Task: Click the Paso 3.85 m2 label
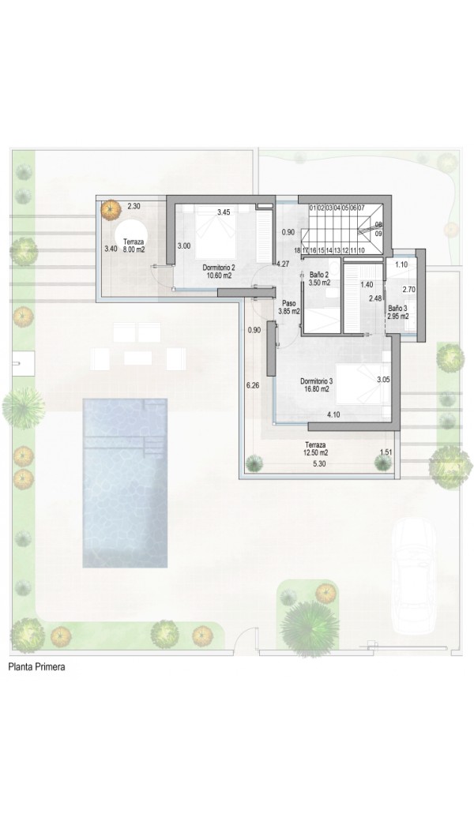[288, 307]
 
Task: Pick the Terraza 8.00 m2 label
[133, 246]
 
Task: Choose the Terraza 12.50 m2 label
[316, 448]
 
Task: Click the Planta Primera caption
[36, 667]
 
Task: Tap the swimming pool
[125, 483]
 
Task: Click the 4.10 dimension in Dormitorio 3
[333, 414]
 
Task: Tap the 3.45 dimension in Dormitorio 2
[224, 212]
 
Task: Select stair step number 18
[297, 251]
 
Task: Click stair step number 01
[313, 208]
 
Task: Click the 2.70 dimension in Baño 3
[408, 288]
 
